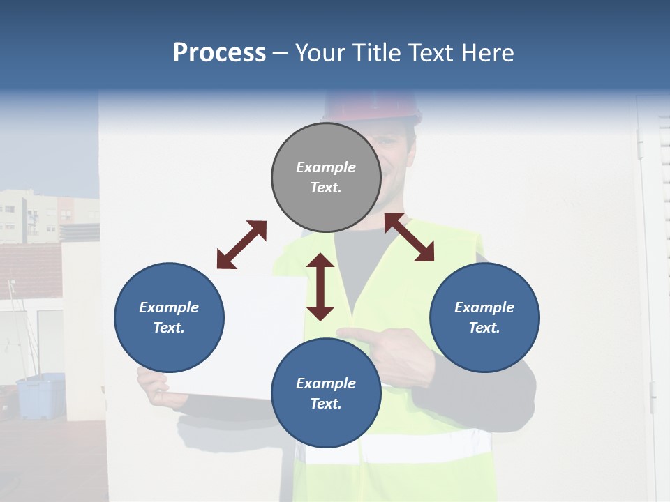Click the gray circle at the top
326,177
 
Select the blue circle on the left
169,317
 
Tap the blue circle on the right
484,317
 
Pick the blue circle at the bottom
326,393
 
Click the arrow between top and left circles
241,245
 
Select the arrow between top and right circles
410,237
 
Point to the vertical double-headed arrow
320,287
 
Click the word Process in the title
219,53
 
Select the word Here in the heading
488,53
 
